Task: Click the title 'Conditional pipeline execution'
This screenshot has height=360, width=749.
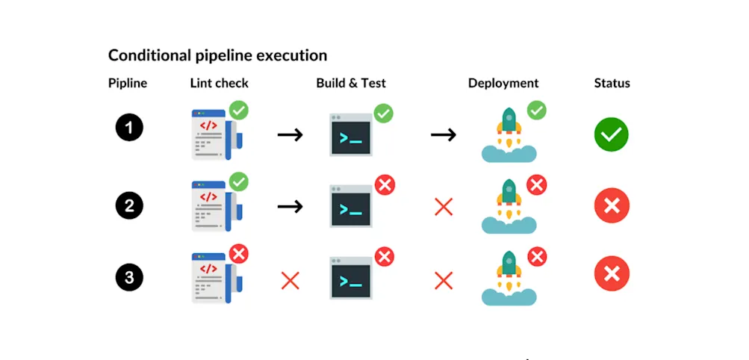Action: click(217, 55)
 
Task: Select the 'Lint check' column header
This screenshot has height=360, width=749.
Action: click(219, 84)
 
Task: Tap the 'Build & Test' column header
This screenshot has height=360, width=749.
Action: click(351, 84)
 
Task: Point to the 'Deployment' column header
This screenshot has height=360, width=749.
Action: click(503, 84)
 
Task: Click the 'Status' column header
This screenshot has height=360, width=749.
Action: click(612, 84)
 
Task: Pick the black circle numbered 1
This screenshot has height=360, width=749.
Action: click(129, 128)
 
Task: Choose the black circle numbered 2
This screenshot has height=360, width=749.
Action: click(129, 205)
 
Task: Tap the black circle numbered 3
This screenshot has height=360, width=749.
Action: click(129, 278)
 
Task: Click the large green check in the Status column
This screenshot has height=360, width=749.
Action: click(612, 134)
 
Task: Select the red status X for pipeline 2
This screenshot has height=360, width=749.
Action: click(612, 206)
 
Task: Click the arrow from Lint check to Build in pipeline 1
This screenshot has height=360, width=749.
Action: click(290, 135)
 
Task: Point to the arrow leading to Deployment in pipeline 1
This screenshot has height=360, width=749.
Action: click(444, 135)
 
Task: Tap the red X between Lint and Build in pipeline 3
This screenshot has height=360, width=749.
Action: click(290, 281)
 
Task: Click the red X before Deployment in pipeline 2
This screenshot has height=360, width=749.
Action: click(444, 207)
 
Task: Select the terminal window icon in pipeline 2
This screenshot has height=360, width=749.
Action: click(351, 207)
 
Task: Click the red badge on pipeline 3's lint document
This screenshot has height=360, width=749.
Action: click(238, 254)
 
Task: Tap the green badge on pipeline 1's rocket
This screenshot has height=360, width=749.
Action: click(536, 111)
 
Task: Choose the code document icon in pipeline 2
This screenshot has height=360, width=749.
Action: click(214, 206)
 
